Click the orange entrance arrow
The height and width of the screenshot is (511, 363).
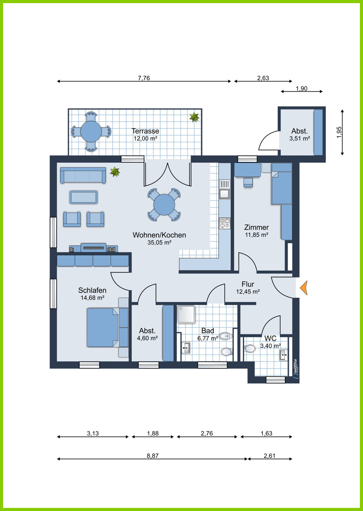pos(304,288)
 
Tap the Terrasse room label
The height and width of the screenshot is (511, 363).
pos(145,131)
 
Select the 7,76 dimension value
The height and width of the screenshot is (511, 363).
pos(144,78)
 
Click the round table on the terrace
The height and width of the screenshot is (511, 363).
pos(91,132)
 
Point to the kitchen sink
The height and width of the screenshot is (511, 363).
pos(225,189)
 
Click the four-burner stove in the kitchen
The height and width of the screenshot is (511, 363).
pos(225,223)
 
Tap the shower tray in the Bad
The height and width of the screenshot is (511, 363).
pos(186,315)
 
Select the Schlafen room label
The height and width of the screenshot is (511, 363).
pos(92,290)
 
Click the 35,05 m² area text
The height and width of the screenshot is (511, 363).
pos(159,243)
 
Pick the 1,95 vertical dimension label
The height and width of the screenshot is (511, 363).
pos(339,132)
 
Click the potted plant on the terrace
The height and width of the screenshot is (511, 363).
pos(194,117)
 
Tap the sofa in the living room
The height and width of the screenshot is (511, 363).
pos(83,175)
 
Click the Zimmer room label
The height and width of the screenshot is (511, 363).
pos(257,227)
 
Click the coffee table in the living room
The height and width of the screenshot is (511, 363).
pos(84,197)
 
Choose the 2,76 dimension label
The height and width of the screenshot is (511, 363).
pos(207,433)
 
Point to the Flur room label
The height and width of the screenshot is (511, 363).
pos(248,284)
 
